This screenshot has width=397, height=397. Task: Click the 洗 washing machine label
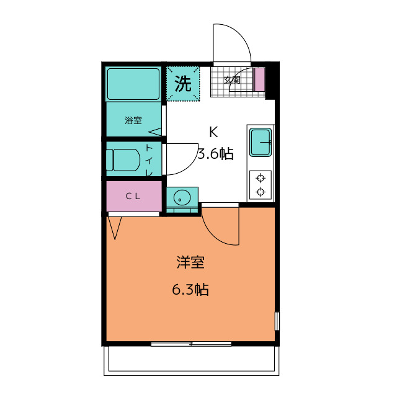(x=182, y=84)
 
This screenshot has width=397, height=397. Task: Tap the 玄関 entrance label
(x=231, y=79)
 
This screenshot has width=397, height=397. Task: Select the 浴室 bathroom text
(x=133, y=120)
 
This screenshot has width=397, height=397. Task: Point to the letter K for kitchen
(x=213, y=132)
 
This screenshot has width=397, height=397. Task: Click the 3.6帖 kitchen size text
(x=215, y=154)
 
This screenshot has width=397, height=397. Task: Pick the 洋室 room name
(x=190, y=262)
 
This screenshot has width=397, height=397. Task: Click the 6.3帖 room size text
(x=190, y=289)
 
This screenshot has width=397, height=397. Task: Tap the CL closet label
(x=133, y=196)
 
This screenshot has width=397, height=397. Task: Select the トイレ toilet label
(x=149, y=160)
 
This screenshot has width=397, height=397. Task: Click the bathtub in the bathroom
(x=133, y=84)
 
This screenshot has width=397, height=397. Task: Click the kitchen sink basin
(x=261, y=142)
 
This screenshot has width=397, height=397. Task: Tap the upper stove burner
(x=261, y=179)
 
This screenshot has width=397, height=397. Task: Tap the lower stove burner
(x=261, y=192)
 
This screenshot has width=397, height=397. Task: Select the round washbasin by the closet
(x=182, y=198)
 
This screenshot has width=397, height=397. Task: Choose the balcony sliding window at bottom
(x=191, y=343)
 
